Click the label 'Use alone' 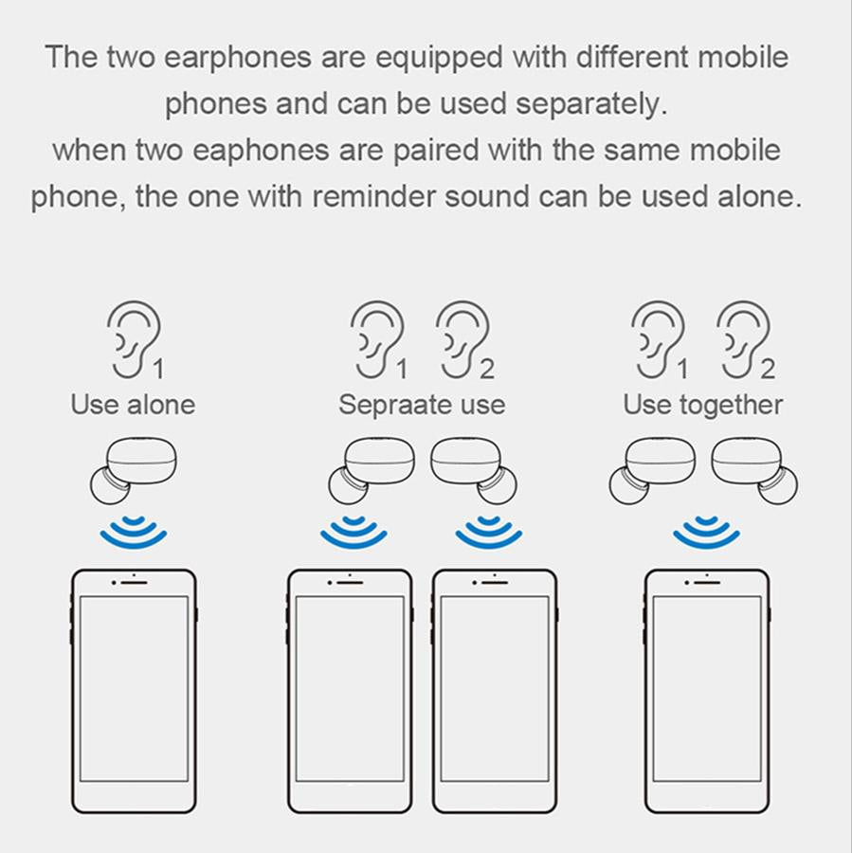pos(133,405)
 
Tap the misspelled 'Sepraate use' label pos(422,405)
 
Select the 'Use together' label pos(702,405)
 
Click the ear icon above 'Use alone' pos(134,337)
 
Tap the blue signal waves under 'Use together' pos(706,532)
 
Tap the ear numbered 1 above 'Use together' pos(658,337)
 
